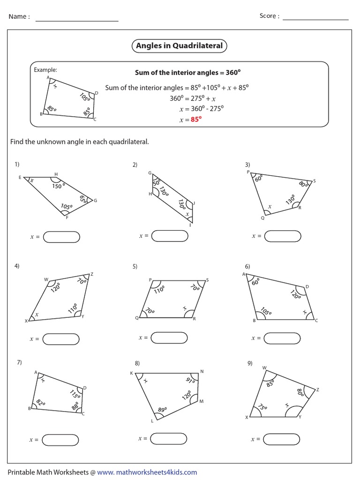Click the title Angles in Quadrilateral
[x=180, y=46]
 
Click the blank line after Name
[x=77, y=20]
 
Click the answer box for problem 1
[x=61, y=237]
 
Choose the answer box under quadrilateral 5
[x=169, y=337]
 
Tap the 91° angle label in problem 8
[x=190, y=379]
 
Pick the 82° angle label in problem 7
[x=40, y=402]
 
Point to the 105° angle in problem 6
[x=265, y=311]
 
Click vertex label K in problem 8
[x=131, y=373]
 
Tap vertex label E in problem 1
[x=20, y=178]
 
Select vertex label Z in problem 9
[x=317, y=390]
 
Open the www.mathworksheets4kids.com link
[x=147, y=472]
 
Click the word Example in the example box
[x=45, y=70]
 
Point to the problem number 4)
[x=17, y=266]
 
